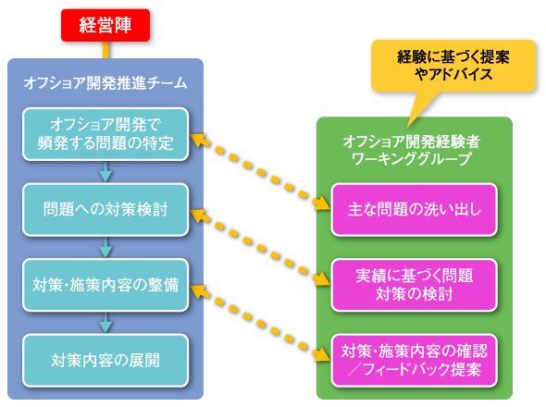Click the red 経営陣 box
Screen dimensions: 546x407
tap(105, 25)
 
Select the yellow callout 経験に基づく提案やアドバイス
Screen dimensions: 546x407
tap(453, 66)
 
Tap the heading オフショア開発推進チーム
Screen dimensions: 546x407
tap(105, 83)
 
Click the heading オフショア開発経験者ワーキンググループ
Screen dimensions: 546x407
tap(412, 150)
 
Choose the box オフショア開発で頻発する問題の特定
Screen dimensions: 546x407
tap(105, 134)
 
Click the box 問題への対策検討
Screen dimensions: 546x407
tap(105, 210)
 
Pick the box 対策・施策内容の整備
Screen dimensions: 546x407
tap(105, 285)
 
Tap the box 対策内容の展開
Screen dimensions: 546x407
tap(105, 361)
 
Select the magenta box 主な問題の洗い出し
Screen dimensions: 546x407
tap(414, 210)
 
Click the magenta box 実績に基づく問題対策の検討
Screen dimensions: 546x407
tap(414, 285)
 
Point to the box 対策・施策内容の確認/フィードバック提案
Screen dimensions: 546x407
tap(414, 361)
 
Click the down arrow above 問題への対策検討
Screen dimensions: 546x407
tap(105, 171)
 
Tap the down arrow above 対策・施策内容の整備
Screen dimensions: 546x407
tap(105, 247)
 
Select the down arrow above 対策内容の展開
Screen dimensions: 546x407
tap(105, 322)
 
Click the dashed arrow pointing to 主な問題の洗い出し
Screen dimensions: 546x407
tap(260, 172)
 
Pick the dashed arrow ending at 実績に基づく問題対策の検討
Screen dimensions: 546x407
tap(260, 247)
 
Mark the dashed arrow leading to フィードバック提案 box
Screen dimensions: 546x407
tap(260, 323)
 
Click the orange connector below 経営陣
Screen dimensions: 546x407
tap(105, 50)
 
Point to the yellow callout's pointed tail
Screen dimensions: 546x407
tap(408, 127)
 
